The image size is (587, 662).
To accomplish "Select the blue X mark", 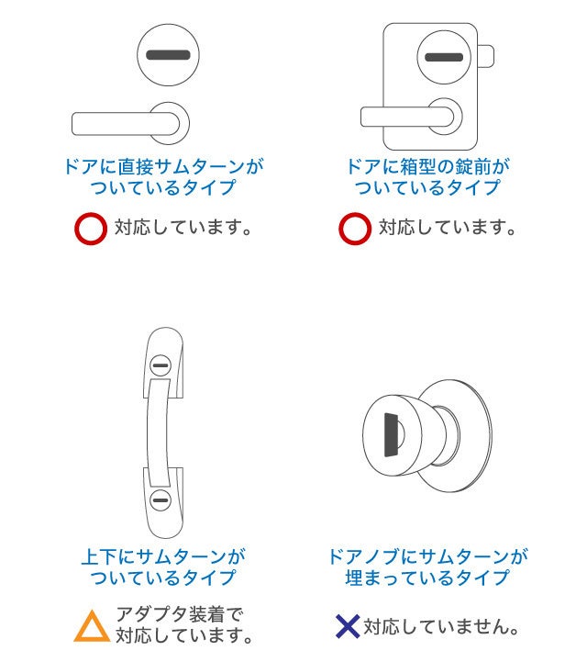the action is point(348,626).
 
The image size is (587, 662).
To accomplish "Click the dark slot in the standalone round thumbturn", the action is point(168,55).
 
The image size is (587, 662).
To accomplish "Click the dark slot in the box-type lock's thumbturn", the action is point(444,57).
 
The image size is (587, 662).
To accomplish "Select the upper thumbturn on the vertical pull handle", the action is point(161,365).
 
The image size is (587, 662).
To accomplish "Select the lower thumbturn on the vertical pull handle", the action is point(161,500).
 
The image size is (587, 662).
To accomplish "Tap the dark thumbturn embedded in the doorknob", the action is point(392,435).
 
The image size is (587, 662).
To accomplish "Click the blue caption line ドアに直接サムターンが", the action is point(164,166).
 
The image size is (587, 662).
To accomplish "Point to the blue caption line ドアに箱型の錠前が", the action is point(428,166).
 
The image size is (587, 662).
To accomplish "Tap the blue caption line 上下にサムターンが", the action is point(163,557).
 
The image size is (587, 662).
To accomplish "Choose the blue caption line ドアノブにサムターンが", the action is point(427,557).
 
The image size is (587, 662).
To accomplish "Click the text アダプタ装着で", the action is point(180,614).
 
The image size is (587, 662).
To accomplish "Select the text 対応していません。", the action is point(441,627).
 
